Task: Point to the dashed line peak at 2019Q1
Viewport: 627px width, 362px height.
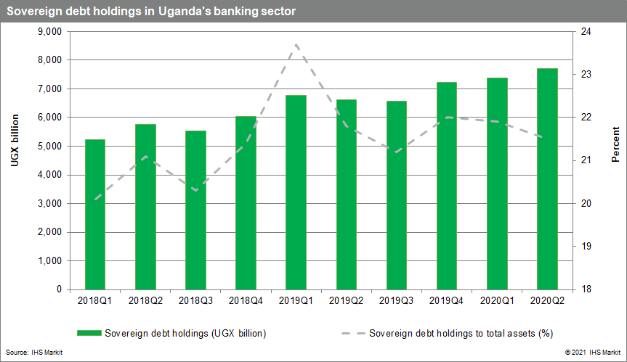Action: pos(296,45)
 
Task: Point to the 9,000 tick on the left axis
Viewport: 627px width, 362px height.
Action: pos(49,32)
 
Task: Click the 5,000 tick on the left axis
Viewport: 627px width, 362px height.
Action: pos(49,147)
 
